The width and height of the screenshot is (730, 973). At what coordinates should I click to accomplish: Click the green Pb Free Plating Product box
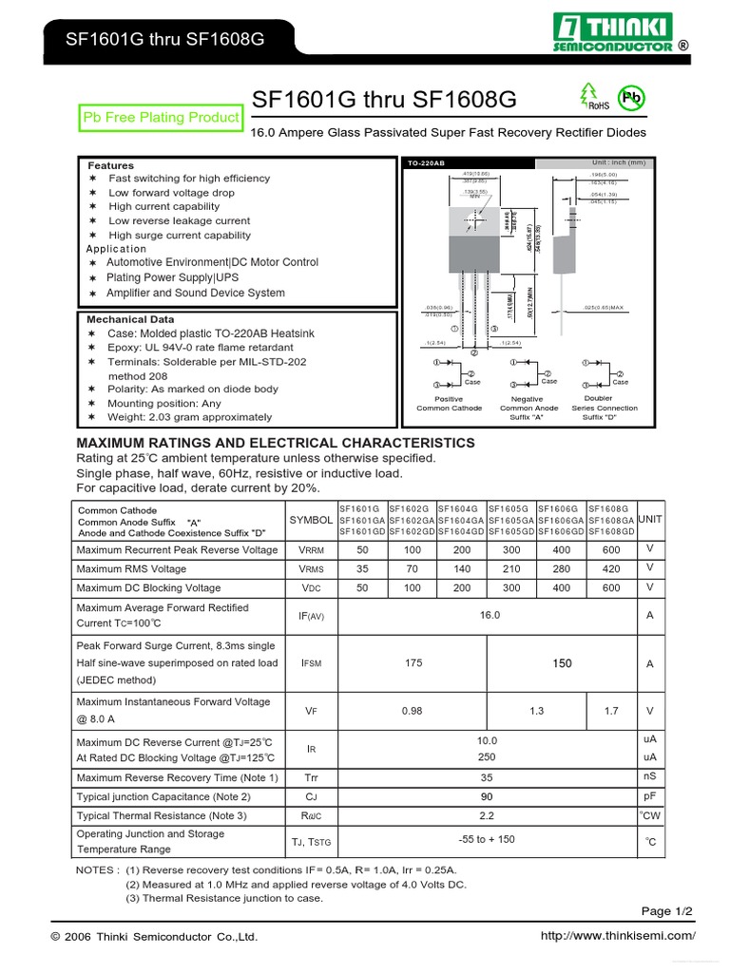(x=162, y=117)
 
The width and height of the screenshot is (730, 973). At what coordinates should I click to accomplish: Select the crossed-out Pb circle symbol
(x=631, y=97)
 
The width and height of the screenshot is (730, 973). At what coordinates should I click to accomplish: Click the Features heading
(x=111, y=165)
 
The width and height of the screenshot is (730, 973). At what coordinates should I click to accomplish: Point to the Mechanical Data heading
(x=130, y=319)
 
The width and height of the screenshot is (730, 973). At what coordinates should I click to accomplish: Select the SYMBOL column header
(x=311, y=520)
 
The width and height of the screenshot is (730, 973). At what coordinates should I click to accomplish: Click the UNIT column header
(x=650, y=519)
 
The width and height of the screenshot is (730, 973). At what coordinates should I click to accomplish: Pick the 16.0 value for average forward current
(x=490, y=615)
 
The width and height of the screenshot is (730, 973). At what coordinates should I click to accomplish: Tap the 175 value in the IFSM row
(x=413, y=663)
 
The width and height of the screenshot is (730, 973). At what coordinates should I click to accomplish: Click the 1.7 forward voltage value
(x=611, y=710)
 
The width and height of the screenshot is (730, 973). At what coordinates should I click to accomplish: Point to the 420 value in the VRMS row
(x=611, y=568)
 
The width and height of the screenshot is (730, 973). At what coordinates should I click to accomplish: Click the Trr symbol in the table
(x=311, y=777)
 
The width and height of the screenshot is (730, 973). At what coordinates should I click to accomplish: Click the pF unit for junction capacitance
(x=650, y=795)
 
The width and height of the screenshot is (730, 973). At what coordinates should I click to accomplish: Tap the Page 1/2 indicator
(x=667, y=911)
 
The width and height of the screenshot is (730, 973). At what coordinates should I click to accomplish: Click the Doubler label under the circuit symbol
(x=599, y=398)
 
